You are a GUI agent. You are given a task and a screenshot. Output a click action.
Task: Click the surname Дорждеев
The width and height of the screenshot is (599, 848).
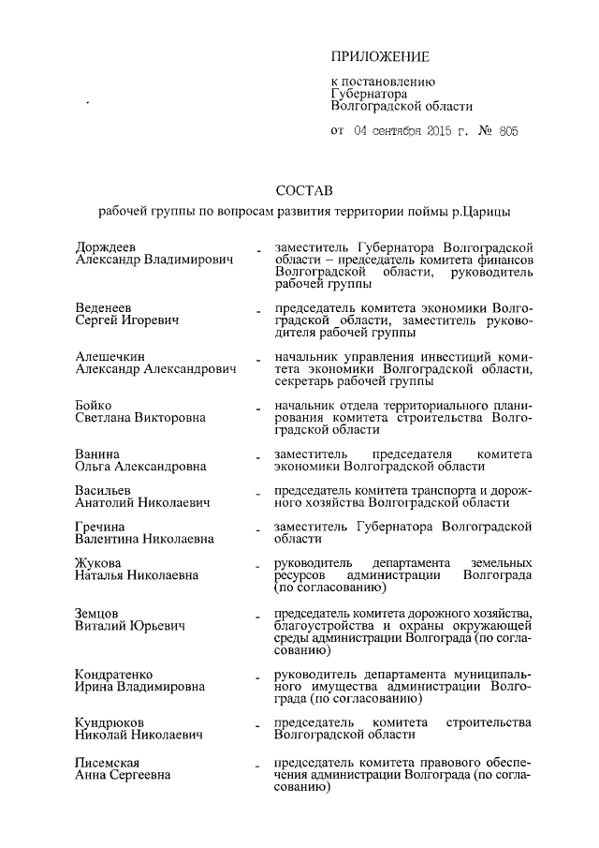[x=105, y=245]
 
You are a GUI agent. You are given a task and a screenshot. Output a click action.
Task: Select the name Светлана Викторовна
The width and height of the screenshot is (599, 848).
[x=139, y=417]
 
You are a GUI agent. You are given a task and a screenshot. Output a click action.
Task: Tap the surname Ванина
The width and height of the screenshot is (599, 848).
[x=97, y=454]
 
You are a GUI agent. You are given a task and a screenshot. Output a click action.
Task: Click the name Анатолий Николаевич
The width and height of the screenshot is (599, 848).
[x=141, y=502]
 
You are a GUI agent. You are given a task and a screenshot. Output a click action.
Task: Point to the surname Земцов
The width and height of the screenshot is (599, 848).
[x=96, y=613]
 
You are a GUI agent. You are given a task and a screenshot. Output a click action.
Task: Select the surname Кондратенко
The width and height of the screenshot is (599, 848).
[x=114, y=674]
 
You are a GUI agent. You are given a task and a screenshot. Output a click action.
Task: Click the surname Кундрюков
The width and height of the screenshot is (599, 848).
[x=110, y=722]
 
